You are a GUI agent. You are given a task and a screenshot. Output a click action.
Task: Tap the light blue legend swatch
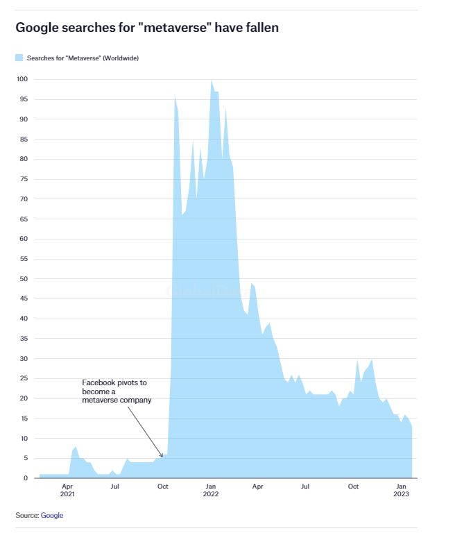pos(19,58)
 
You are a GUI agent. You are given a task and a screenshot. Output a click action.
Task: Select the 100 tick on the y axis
pos(22,79)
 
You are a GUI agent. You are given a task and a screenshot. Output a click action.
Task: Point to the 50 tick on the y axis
pos(24,278)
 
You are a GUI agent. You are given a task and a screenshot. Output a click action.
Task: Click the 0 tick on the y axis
pos(26,478)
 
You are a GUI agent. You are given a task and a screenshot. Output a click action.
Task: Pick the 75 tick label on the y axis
pos(24,179)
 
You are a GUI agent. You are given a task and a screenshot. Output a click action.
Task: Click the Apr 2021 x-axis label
pos(67,490)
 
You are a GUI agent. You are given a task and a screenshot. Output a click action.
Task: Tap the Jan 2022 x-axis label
pos(211,490)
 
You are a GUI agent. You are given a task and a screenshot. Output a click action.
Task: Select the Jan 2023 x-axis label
pos(402,490)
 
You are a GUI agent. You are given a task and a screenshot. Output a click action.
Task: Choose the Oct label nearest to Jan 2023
pos(353,487)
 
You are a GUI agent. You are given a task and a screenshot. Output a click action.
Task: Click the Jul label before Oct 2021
pos(114,487)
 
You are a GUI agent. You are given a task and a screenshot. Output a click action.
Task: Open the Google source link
pos(52,515)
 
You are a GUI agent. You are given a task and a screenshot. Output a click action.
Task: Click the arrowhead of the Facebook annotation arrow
pos(162,455)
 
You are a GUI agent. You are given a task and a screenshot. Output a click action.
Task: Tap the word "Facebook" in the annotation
pos(97,382)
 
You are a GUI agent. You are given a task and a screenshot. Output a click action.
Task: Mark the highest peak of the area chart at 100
pos(212,81)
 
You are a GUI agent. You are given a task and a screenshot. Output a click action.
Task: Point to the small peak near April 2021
pos(76,447)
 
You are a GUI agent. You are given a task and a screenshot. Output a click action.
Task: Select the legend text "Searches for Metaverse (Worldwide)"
pos(83,58)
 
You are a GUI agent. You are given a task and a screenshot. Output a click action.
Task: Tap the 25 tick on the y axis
pos(24,378)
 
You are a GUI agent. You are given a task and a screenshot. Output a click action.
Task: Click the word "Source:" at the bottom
pos(27,515)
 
